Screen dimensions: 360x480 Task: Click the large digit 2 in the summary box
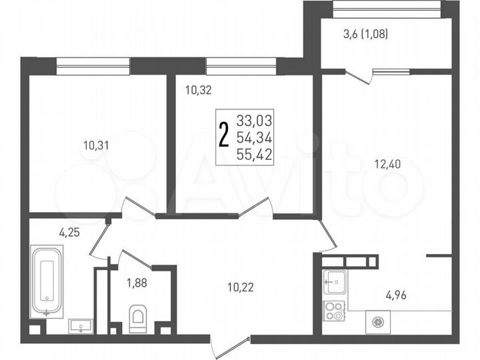click(225, 137)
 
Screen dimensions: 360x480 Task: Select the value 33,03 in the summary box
click(255, 121)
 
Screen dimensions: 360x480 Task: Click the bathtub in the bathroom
click(47, 281)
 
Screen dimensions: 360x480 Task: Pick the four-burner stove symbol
click(333, 309)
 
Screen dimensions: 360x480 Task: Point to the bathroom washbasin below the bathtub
click(81, 326)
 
